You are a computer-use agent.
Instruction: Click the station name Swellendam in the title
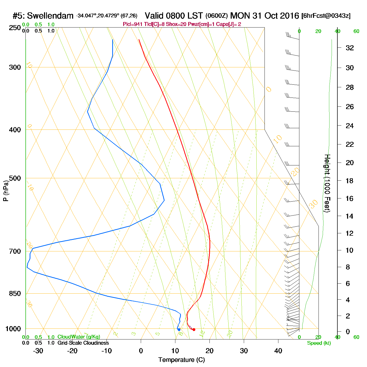[x=50, y=16]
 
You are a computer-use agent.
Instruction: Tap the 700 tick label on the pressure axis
[x=15, y=251]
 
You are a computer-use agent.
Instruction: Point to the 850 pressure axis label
[x=15, y=293]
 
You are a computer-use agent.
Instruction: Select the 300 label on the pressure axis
[x=15, y=67]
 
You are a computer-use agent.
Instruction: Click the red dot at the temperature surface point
[x=194, y=330]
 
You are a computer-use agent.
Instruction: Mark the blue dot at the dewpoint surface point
[x=179, y=330]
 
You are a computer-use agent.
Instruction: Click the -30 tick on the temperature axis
[x=38, y=351]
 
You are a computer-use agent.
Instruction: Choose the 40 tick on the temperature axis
[x=278, y=351]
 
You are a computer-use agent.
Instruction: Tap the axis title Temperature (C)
[x=181, y=360]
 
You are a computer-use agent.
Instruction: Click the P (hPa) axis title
[x=6, y=191]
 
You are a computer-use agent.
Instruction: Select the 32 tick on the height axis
[x=350, y=48]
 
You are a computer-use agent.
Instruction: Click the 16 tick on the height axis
[x=350, y=198]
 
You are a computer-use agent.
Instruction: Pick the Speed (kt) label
[x=319, y=343]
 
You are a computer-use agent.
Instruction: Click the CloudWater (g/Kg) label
[x=79, y=337]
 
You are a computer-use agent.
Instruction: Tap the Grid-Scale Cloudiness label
[x=83, y=343]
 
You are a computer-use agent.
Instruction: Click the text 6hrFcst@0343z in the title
[x=326, y=16]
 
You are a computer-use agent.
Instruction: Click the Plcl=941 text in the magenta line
[x=133, y=24]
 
